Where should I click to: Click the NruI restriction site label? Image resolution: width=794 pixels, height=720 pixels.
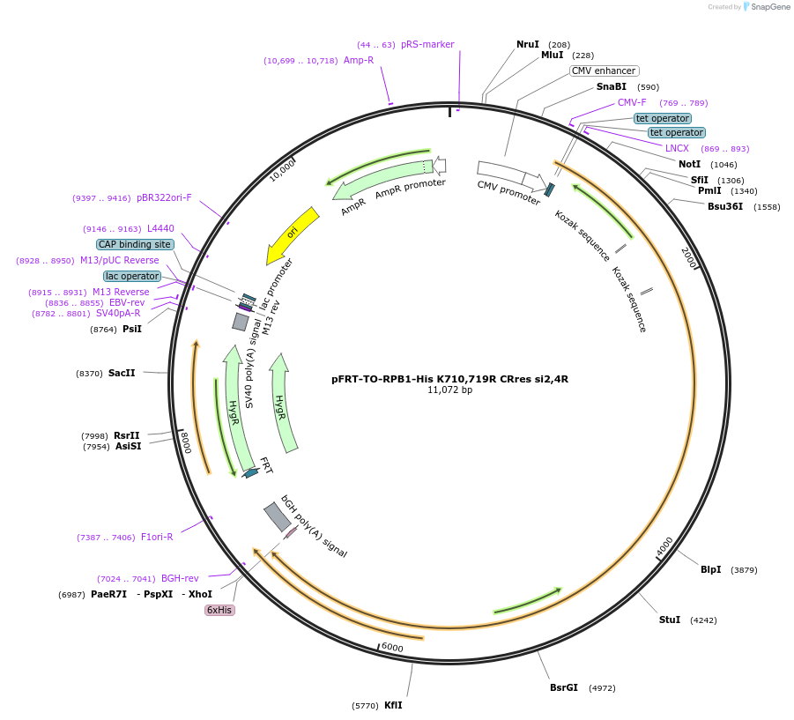point(527,44)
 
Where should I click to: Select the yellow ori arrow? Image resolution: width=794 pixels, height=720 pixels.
point(293,234)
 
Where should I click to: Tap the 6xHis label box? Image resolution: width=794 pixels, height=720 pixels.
point(219,610)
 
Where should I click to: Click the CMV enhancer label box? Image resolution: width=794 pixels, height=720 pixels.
point(604,71)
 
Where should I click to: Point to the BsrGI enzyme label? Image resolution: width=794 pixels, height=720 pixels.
point(564,687)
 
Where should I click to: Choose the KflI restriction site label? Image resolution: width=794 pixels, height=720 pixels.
point(393,705)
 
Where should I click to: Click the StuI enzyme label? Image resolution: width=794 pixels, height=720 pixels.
point(670,620)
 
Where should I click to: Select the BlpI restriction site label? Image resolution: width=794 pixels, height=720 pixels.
point(710,569)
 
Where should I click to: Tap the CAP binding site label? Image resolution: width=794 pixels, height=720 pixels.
point(135,244)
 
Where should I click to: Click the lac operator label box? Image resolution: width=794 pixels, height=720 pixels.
point(132,276)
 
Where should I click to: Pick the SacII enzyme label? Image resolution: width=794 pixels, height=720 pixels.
point(122,374)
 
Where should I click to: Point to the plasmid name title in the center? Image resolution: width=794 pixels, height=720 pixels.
point(449,379)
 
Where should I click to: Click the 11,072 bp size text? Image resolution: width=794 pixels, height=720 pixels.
point(449,390)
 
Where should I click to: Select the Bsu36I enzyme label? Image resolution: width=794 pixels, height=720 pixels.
point(725,206)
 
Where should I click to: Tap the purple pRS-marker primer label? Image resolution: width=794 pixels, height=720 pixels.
point(427,44)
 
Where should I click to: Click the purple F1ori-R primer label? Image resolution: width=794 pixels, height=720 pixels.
point(157,537)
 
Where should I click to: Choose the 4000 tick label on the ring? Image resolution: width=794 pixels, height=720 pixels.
point(664,546)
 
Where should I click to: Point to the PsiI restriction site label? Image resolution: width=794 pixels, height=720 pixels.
point(131,329)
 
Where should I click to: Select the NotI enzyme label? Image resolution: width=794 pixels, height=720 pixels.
point(690,164)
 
